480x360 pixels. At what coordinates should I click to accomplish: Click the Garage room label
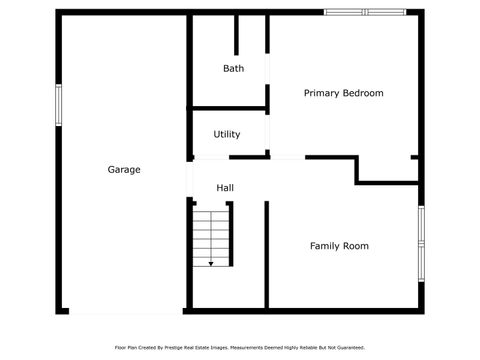coord(124,170)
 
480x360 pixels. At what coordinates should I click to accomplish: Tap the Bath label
coord(233,69)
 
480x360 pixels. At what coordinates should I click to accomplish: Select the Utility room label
coord(227,134)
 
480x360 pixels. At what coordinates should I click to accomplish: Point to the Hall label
coord(226,188)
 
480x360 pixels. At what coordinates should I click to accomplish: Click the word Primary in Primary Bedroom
coord(321,93)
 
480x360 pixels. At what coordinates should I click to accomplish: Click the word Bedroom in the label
coord(363,93)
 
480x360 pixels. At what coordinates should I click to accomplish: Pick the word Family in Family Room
coord(326,246)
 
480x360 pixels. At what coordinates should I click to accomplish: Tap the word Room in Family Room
coord(356,246)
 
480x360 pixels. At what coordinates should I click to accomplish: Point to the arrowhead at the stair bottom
coord(211,264)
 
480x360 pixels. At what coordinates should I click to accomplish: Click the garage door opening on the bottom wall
coord(125,312)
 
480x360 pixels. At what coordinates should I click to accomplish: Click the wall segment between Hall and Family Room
coord(267,250)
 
